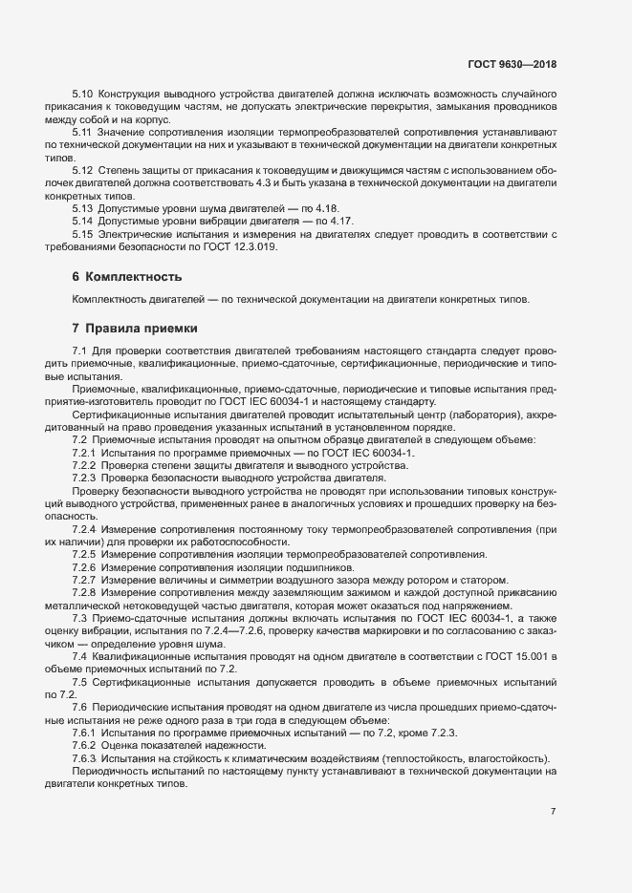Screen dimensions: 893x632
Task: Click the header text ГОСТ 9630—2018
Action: (511, 64)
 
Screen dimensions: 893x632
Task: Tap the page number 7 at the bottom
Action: (553, 812)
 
